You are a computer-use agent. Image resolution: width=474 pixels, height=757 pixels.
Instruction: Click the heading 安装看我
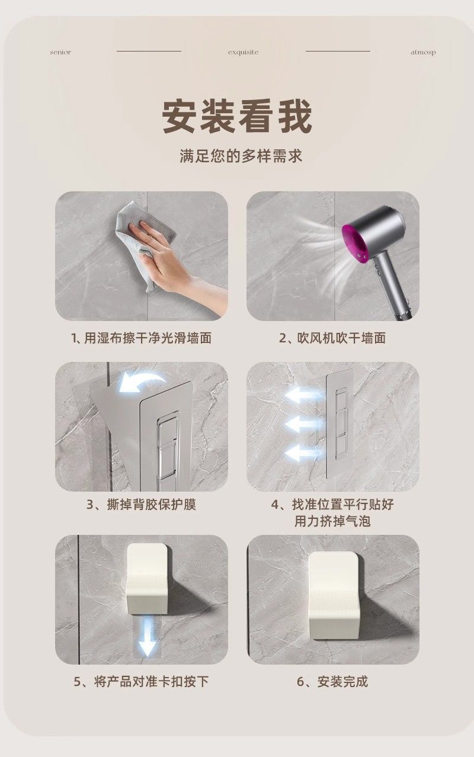[237, 116]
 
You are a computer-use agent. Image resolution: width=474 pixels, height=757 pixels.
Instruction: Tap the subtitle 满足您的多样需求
[241, 156]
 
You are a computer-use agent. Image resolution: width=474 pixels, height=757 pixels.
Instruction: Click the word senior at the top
[60, 52]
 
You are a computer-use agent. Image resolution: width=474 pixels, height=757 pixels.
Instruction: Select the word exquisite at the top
[243, 52]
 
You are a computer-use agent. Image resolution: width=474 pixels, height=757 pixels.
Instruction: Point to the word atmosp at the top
[423, 52]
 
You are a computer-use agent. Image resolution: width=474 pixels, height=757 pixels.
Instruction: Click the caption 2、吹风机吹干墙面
[332, 338]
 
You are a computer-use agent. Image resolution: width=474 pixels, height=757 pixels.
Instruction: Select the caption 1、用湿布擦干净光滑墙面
[142, 338]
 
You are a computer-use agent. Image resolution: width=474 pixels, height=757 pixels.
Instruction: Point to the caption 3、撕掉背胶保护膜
[142, 505]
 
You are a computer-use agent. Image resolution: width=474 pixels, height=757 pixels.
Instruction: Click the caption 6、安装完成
[332, 682]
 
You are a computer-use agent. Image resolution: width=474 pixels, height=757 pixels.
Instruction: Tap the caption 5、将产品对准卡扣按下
[142, 682]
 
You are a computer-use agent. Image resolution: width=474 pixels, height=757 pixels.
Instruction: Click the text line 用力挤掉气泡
[332, 521]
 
